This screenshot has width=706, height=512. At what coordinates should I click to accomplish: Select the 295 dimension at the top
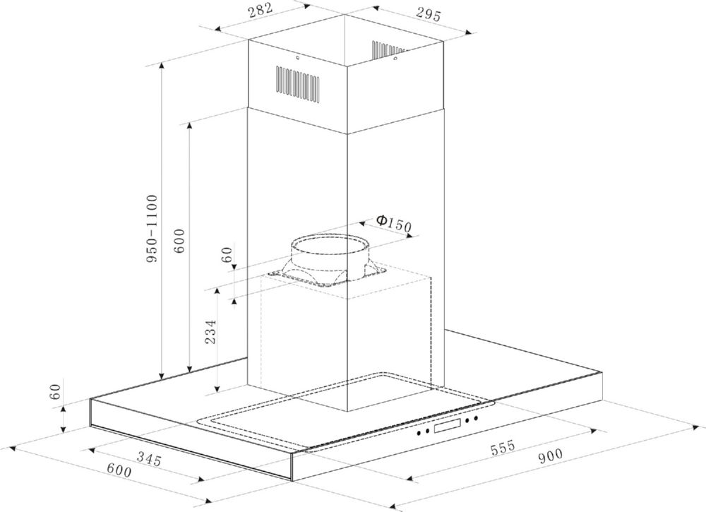(428, 15)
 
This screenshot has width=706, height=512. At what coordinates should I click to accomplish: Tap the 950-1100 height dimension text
(152, 229)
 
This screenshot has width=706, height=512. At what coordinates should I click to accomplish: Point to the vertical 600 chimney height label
(179, 241)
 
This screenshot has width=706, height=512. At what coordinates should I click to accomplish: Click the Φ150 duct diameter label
(394, 222)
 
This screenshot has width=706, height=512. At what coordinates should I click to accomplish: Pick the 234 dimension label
(210, 332)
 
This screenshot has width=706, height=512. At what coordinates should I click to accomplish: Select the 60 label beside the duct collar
(227, 254)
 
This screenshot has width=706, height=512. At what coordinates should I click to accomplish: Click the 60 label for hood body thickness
(55, 392)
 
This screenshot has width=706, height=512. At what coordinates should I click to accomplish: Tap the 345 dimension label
(149, 459)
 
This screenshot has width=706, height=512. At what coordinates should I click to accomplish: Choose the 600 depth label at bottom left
(119, 470)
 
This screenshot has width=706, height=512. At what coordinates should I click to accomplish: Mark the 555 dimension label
(503, 448)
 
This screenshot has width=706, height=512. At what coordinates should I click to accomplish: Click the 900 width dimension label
(550, 456)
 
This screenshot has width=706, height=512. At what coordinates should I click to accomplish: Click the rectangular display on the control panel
(447, 425)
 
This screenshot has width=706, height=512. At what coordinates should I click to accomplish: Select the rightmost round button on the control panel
(475, 419)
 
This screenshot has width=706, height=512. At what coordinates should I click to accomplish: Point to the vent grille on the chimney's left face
(298, 83)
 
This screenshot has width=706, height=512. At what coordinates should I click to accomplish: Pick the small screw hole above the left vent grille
(298, 58)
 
